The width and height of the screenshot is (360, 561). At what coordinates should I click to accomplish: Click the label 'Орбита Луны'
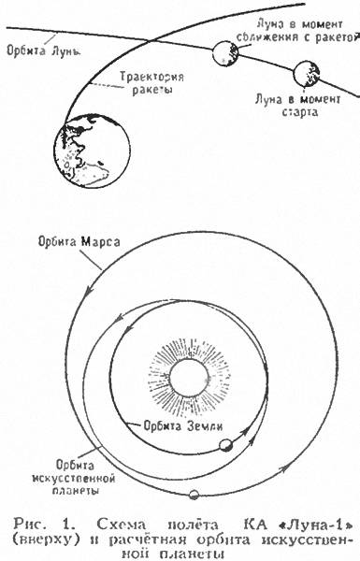pyautogui.click(x=43, y=50)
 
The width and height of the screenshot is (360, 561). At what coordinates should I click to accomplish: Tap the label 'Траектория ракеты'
pyautogui.click(x=151, y=82)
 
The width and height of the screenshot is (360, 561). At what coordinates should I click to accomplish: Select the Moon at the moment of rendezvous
pyautogui.click(x=225, y=53)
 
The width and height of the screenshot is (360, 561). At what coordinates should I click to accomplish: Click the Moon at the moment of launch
pyautogui.click(x=307, y=74)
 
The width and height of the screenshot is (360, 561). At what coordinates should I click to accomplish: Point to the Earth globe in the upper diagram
pyautogui.click(x=92, y=151)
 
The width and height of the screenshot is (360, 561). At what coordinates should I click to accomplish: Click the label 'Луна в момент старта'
pyautogui.click(x=297, y=105)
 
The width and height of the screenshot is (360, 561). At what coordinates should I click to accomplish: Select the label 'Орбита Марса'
pyautogui.click(x=79, y=242)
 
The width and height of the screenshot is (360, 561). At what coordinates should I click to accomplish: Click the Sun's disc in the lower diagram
pyautogui.click(x=189, y=378)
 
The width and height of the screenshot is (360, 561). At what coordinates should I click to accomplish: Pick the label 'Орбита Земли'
pyautogui.click(x=183, y=425)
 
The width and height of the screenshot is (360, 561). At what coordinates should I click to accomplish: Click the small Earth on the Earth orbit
pyautogui.click(x=226, y=445)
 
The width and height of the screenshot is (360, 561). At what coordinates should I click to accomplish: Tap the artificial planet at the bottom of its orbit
pyautogui.click(x=194, y=495)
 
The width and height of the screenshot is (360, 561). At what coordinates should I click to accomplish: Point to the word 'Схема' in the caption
pyautogui.click(x=122, y=525)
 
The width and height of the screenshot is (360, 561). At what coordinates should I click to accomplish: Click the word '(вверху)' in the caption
pyautogui.click(x=44, y=539)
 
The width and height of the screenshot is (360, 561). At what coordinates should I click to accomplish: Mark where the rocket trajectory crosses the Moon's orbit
pyautogui.click(x=148, y=40)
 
